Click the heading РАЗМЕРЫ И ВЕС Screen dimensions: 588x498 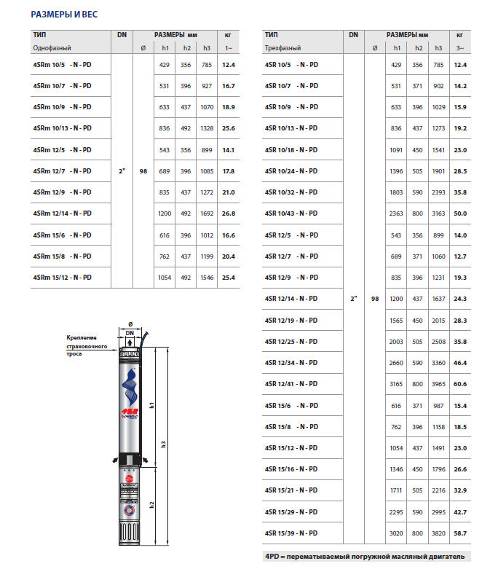pyautogui.click(x=65, y=14)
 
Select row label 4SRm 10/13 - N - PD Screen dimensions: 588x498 pyautogui.click(x=62, y=128)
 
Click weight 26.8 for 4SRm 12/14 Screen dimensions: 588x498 pyautogui.click(x=229, y=213)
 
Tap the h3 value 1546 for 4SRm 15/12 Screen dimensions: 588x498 pyautogui.click(x=207, y=278)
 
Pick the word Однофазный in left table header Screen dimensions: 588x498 pyautogui.click(x=52, y=48)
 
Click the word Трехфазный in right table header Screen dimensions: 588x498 pyautogui.click(x=283, y=48)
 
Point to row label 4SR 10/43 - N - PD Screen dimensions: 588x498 pyautogui.click(x=291, y=213)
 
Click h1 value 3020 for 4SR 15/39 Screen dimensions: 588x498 pyautogui.click(x=396, y=533)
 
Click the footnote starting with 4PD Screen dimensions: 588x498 pyautogui.click(x=367, y=557)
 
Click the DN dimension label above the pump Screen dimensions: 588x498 pyautogui.click(x=130, y=332)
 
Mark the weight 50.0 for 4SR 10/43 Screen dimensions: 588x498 pyautogui.click(x=460, y=213)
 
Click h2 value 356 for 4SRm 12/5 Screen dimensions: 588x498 pyautogui.click(x=187, y=149)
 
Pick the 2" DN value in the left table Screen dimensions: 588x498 pyautogui.click(x=122, y=171)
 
